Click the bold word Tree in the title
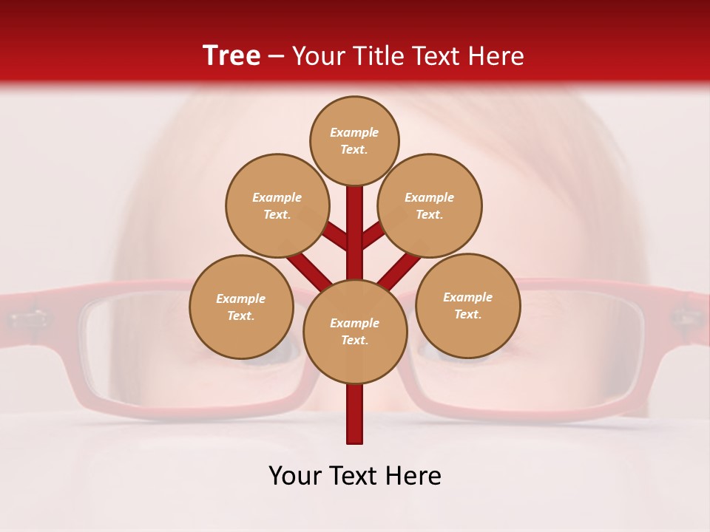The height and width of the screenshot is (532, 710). point(231,55)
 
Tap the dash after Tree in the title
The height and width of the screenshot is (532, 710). point(277,57)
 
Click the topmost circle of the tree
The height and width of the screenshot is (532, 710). point(354,140)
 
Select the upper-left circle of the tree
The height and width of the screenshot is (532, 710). point(277,205)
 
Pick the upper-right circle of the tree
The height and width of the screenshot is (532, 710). point(430,205)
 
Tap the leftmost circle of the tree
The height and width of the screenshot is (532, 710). point(241,307)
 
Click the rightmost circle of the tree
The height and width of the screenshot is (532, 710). point(467,305)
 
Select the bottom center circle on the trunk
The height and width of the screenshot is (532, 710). point(355,331)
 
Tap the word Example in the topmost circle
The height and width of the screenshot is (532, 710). point(354,132)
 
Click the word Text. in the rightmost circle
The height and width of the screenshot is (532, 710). point(467,314)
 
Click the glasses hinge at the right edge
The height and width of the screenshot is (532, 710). point(686,318)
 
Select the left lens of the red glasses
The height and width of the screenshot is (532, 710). point(148,347)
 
